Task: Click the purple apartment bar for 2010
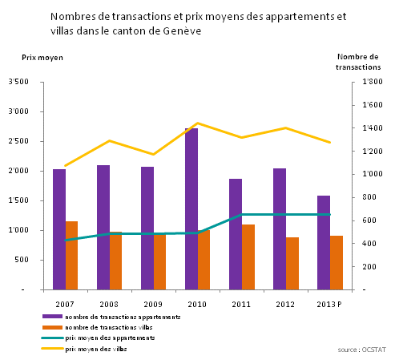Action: [191, 209]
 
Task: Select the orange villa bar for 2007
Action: [71, 256]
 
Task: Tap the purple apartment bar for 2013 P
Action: [324, 243]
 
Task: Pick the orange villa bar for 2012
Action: [292, 264]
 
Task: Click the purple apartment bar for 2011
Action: [236, 234]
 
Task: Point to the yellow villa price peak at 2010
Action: [198, 123]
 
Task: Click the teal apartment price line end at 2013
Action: [330, 214]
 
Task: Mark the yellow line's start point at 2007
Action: [66, 166]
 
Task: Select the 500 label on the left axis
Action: [22, 260]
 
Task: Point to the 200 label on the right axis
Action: [369, 266]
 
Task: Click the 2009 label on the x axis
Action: [153, 304]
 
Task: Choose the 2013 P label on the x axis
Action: [329, 304]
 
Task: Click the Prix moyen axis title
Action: [42, 58]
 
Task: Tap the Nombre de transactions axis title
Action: [358, 62]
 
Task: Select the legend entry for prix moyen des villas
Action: [84, 349]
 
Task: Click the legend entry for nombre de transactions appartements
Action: [111, 317]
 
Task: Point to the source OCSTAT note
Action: [361, 350]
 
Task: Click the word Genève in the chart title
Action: [182, 30]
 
